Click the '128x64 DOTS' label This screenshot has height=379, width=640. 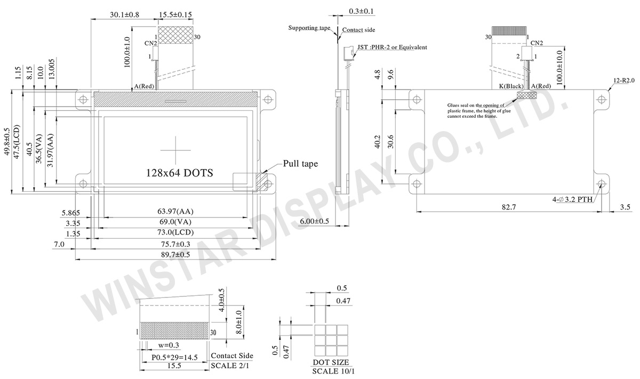tap(179, 173)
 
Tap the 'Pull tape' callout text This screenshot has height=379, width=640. tap(300, 164)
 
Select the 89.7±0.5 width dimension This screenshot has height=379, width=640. tap(175, 254)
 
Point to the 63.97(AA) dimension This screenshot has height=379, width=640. tap(175, 211)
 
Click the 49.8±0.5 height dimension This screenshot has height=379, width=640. tap(7, 142)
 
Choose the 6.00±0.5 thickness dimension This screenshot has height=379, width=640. tap(314, 221)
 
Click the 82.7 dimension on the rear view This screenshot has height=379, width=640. tap(509, 207)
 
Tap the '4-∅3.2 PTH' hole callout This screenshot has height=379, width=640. tap(572, 199)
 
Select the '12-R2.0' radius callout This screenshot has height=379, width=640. tap(624, 81)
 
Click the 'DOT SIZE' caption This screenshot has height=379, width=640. tap(331, 362)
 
